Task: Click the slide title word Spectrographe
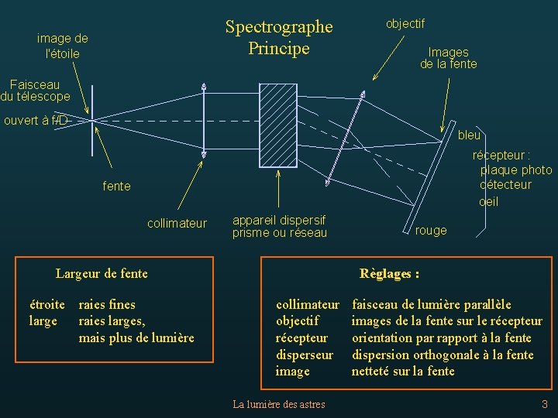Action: coord(278,27)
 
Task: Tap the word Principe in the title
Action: coord(278,48)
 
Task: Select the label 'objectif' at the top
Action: coord(405,23)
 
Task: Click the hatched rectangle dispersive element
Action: coord(277,125)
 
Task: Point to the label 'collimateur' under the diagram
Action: coord(177,224)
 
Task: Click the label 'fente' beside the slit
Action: coord(116,187)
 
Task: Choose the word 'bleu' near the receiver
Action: coord(469,135)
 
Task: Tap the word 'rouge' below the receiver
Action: coord(431,230)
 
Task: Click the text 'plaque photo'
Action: coord(516,170)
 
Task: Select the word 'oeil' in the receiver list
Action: coord(488,202)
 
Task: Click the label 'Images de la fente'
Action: coord(448,58)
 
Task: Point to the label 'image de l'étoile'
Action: coord(63,46)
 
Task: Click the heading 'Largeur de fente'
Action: coord(102,272)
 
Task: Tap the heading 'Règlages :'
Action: coord(389,273)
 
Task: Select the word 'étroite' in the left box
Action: coord(46,305)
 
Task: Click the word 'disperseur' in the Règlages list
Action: coord(305,355)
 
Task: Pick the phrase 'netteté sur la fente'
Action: coord(403,372)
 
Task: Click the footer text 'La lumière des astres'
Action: coord(279,404)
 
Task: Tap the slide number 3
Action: coord(544,403)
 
